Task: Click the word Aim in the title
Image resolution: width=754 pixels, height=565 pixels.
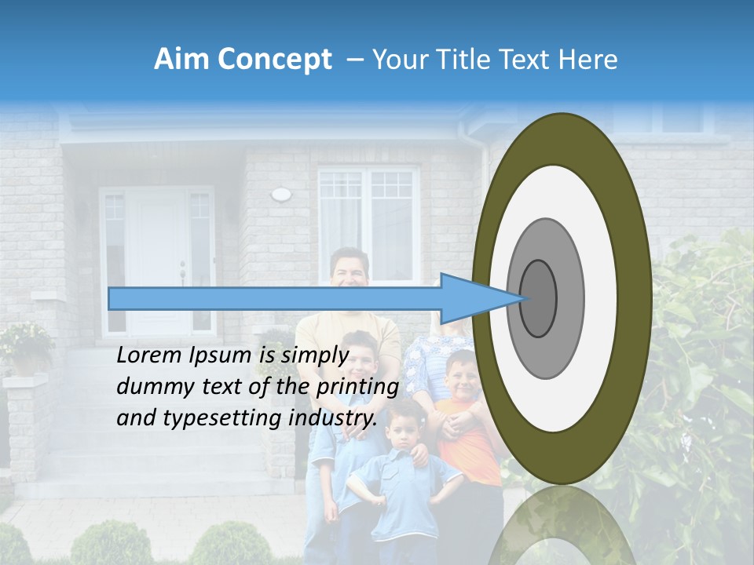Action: pos(182,60)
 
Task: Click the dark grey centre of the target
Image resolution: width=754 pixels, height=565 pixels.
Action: pos(538,297)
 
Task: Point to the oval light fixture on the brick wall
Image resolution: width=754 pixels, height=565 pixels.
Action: pos(280,194)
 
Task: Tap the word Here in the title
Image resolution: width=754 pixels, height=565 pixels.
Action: pos(589,60)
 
